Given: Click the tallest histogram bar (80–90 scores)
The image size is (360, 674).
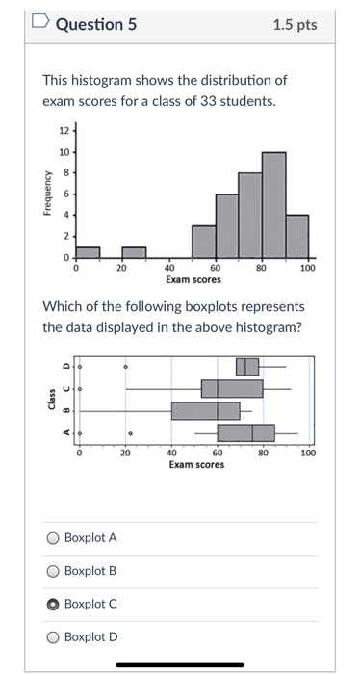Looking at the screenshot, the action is pyautogui.click(x=274, y=203).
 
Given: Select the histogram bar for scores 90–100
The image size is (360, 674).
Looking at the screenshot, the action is pyautogui.click(x=297, y=235).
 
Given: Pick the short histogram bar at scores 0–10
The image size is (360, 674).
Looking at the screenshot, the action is pyautogui.click(x=88, y=251).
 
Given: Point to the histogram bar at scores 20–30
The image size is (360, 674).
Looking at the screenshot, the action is pyautogui.click(x=133, y=251).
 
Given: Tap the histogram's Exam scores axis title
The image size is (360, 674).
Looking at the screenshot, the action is pyautogui.click(x=193, y=280).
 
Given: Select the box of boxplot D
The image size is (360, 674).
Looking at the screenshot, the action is pyautogui.click(x=247, y=367).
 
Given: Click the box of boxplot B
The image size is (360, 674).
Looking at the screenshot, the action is pyautogui.click(x=205, y=410).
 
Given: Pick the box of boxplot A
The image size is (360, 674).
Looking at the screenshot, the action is pyautogui.click(x=244, y=432).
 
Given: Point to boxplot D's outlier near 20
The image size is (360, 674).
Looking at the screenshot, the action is pyautogui.click(x=126, y=367).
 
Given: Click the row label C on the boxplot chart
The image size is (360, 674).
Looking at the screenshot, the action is pyautogui.click(x=66, y=389).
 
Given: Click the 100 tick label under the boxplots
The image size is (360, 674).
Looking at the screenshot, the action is pyautogui.click(x=307, y=452).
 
